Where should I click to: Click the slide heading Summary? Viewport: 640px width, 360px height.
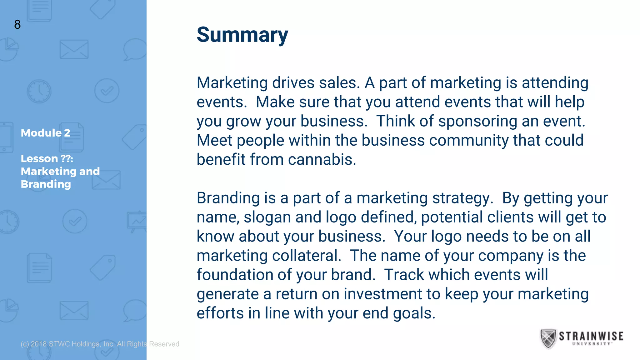click(242, 35)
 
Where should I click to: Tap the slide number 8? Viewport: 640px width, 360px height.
click(17, 24)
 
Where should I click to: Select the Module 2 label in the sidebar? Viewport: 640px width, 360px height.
click(46, 133)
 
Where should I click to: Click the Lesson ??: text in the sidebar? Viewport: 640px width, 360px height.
click(47, 159)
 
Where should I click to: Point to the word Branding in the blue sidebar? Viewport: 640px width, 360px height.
click(46, 184)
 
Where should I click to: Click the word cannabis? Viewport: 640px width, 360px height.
click(322, 160)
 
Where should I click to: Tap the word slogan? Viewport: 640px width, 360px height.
click(267, 217)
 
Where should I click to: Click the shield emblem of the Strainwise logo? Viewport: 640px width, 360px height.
click(548, 338)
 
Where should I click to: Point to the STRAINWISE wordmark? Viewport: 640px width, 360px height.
click(591, 336)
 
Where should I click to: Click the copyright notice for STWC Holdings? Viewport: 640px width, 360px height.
click(100, 344)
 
